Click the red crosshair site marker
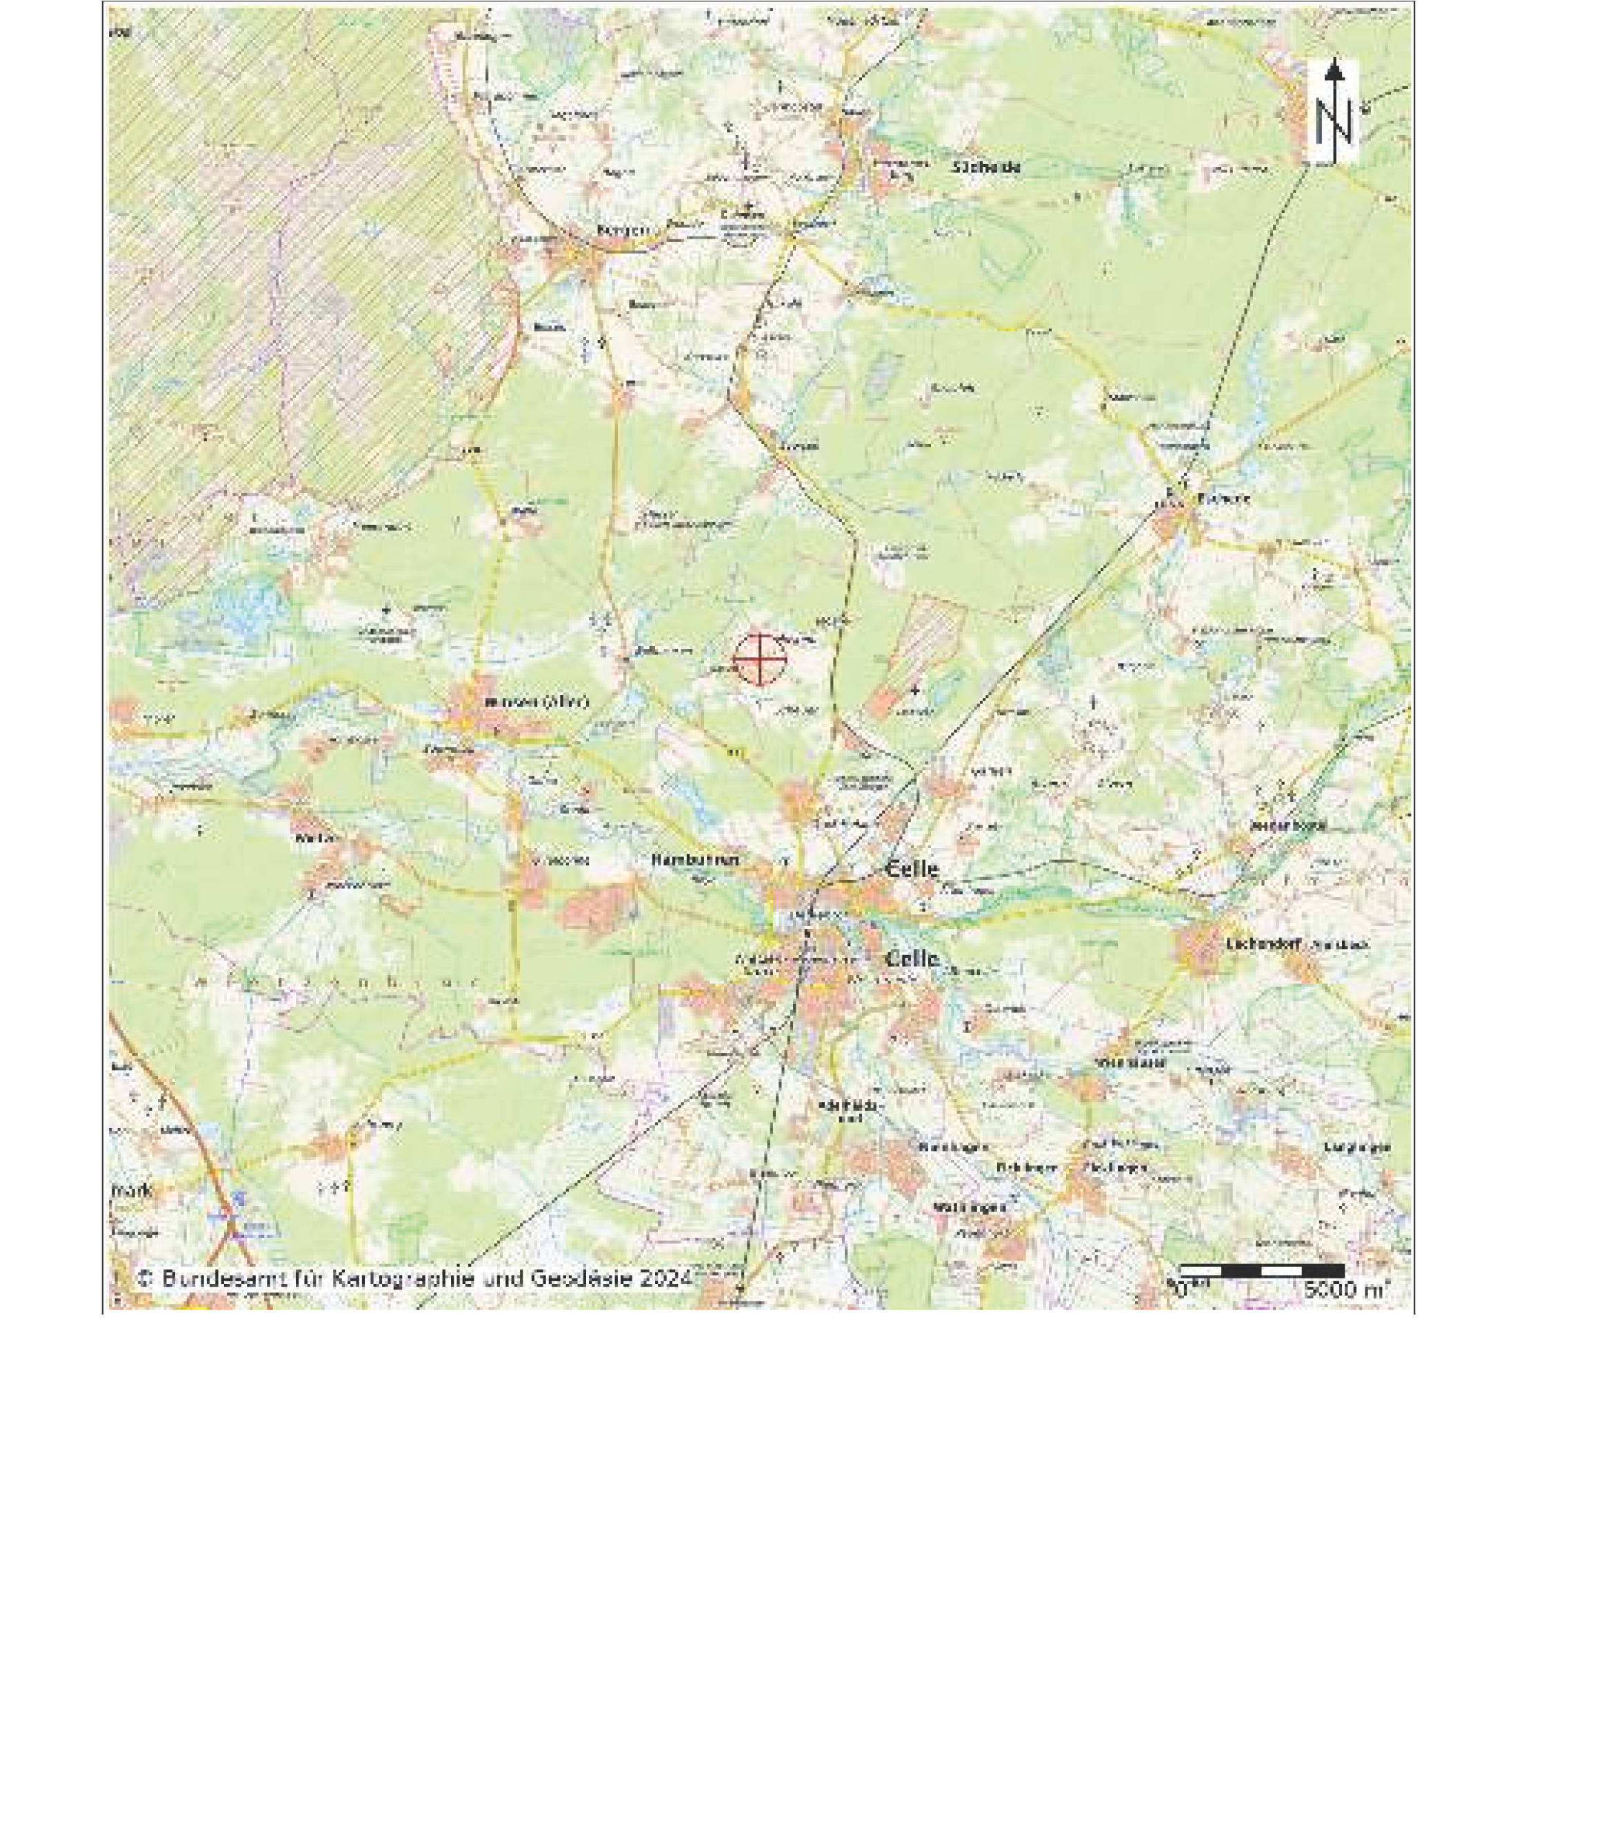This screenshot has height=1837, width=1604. pos(760,660)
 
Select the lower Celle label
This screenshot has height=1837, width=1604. pos(912,958)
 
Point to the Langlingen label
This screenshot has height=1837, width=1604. pos(1356,1147)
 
